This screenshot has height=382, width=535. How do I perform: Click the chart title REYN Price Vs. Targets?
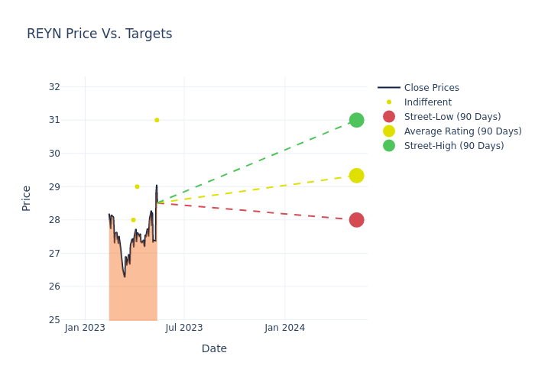[99, 34]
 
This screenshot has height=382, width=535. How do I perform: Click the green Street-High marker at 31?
[356, 120]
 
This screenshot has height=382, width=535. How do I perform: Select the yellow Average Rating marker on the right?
[356, 176]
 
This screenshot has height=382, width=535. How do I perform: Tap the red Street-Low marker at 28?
[356, 220]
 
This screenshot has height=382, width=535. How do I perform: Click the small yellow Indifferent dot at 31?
[157, 120]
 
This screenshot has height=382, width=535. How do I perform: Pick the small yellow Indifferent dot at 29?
[137, 186]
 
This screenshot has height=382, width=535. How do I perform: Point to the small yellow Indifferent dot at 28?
[133, 220]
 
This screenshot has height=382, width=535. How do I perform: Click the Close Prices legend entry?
[431, 88]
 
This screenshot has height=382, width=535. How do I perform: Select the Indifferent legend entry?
[427, 102]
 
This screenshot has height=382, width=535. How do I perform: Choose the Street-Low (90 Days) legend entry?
[452, 117]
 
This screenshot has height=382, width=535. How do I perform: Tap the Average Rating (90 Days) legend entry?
[462, 131]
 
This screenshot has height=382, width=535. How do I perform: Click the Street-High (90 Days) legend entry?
[453, 146]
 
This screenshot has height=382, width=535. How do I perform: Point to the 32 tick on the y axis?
[54, 86]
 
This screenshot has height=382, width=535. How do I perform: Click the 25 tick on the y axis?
[54, 320]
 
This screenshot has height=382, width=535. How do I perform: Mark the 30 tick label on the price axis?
[54, 153]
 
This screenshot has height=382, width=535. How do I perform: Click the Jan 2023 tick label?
[85, 328]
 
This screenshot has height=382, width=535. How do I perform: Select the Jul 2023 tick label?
[184, 328]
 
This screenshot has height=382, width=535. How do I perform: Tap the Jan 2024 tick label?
[284, 328]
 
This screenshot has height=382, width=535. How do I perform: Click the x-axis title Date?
[214, 349]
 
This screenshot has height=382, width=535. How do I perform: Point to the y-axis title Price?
[27, 198]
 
